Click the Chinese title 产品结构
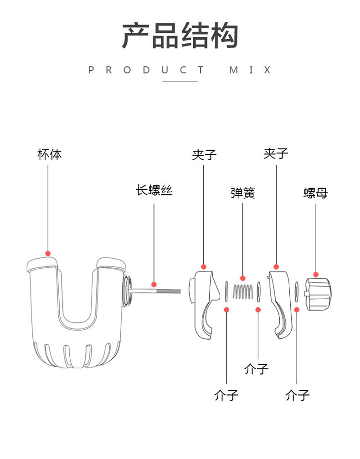coord(180,36)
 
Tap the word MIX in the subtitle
coord(250,70)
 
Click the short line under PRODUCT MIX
coord(180,82)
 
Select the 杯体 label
coord(49,154)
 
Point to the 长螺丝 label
coord(154,190)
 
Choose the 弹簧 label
coord(242,193)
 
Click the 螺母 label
coord(315,193)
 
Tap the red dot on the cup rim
coord(48,254)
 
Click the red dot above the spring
coord(242,277)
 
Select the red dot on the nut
coord(315,275)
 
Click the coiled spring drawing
coord(242,292)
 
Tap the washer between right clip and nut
coord(297,292)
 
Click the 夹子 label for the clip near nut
coord(276,153)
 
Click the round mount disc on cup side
coord(127,292)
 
